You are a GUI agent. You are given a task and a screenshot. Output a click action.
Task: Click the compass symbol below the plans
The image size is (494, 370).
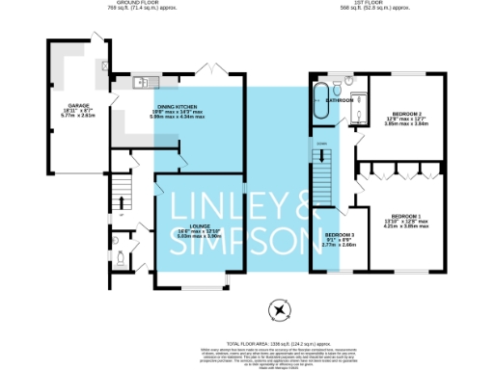(280, 310)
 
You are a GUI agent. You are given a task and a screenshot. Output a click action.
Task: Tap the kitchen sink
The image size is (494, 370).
(141, 82)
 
